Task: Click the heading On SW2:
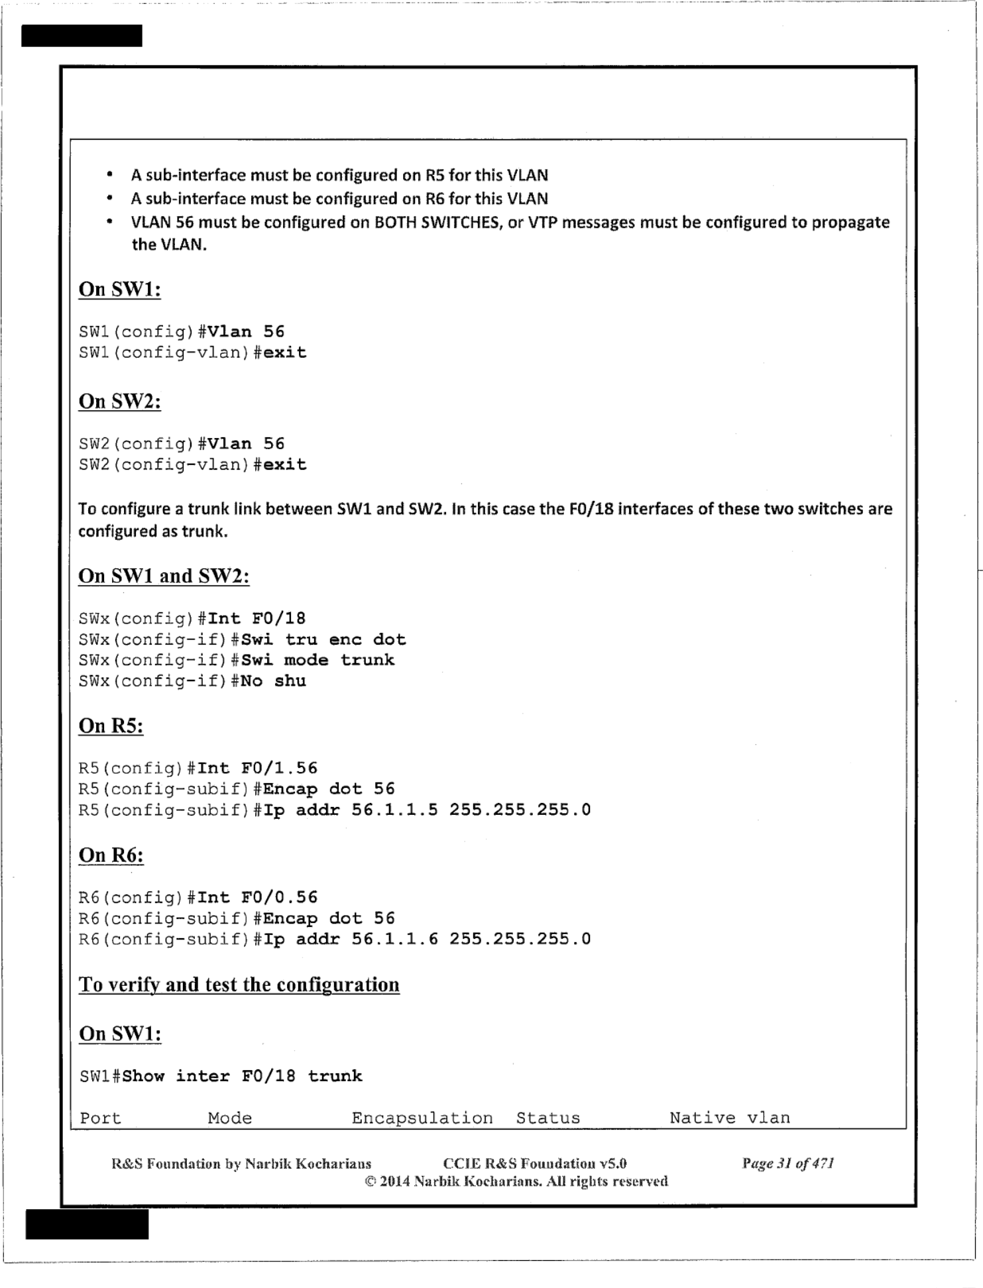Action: [x=119, y=402]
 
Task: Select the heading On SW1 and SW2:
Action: [x=164, y=576]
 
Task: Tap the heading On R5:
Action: [x=111, y=726]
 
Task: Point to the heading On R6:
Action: [x=111, y=855]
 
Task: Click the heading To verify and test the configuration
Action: [x=239, y=985]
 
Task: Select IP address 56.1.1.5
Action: [x=394, y=810]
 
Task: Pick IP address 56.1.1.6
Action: [x=394, y=939]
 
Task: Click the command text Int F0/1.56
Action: [x=257, y=769]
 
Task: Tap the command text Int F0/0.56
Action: [x=257, y=898]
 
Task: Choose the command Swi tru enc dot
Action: [x=323, y=639]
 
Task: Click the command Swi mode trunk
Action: [x=318, y=660]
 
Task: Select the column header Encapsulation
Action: [x=422, y=1118]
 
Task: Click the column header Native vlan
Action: [x=729, y=1118]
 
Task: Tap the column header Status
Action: [x=548, y=1118]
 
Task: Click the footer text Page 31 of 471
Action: [x=787, y=1163]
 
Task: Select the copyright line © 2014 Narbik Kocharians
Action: [x=516, y=1181]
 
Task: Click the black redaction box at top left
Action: [x=82, y=36]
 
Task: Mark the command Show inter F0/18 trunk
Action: [x=242, y=1076]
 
